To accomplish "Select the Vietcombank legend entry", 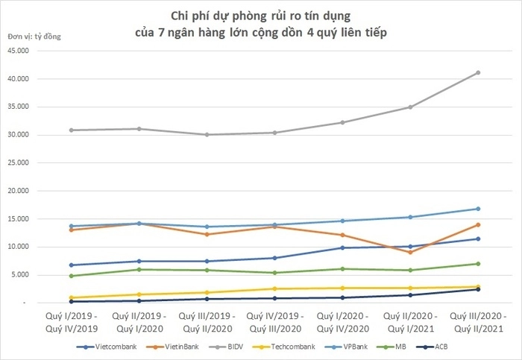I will [x=105, y=347].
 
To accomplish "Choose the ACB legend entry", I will [x=438, y=347].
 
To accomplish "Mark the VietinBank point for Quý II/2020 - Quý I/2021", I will [x=410, y=252].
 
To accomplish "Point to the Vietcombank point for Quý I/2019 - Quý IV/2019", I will [x=71, y=265].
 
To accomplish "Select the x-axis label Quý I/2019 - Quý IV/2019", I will [x=71, y=320].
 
